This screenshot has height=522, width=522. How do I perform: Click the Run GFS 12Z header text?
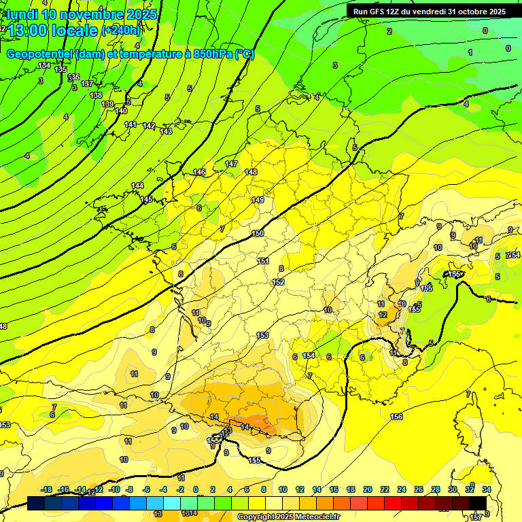click(x=429, y=12)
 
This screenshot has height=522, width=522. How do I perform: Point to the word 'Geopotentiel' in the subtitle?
click(x=39, y=54)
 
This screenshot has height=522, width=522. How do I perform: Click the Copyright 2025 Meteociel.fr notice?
click(x=288, y=517)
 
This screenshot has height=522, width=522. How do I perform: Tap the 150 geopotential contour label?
click(x=258, y=233)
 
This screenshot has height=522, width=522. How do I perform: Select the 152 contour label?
click(x=278, y=282)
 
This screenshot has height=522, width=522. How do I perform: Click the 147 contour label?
click(x=231, y=164)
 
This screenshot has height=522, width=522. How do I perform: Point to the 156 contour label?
click(x=396, y=416)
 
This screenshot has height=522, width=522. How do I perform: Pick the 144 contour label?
click(x=137, y=186)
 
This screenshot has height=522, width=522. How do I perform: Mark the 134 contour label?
click(x=44, y=65)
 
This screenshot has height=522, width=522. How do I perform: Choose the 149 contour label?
click(x=258, y=200)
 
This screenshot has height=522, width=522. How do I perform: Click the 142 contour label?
click(x=149, y=126)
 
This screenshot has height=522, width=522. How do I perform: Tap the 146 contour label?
click(x=199, y=173)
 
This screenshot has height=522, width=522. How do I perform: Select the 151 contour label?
click(x=263, y=261)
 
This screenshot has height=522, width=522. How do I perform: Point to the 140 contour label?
click(x=121, y=111)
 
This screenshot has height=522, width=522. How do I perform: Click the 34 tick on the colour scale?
click(x=487, y=489)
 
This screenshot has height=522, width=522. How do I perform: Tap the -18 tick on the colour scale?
click(x=47, y=489)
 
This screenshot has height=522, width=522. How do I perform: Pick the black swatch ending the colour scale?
click(x=478, y=503)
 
